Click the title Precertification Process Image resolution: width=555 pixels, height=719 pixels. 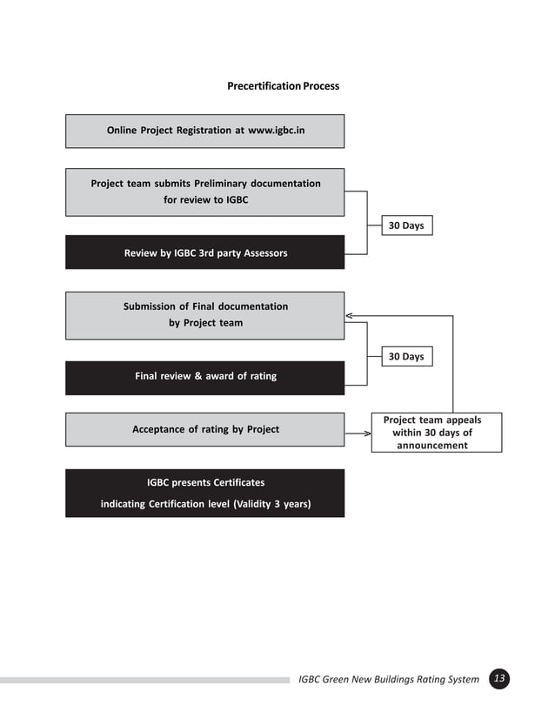click(283, 86)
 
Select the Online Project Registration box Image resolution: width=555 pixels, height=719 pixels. click(204, 131)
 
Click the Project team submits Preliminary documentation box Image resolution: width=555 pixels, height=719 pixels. click(204, 192)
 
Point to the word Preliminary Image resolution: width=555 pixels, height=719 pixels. click(222, 184)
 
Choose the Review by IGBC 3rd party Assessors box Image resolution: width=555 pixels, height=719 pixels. click(204, 252)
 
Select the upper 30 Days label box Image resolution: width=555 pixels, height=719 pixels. click(406, 225)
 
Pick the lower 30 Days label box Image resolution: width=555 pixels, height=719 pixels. click(406, 356)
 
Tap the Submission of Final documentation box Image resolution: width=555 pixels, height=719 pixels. click(204, 315)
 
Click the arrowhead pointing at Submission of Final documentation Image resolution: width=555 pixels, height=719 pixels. click(349, 315)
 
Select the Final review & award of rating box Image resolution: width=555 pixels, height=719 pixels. click(204, 377)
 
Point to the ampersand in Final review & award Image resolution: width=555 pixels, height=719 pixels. click(198, 377)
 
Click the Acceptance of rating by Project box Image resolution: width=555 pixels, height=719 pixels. click(204, 429)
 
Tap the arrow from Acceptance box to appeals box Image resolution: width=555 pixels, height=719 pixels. click(358, 430)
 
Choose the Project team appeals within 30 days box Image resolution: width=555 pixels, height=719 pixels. click(436, 432)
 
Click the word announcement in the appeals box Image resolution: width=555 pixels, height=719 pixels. click(432, 446)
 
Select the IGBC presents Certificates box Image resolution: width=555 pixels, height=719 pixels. click(204, 493)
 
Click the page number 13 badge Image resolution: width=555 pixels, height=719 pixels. click(499, 679)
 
